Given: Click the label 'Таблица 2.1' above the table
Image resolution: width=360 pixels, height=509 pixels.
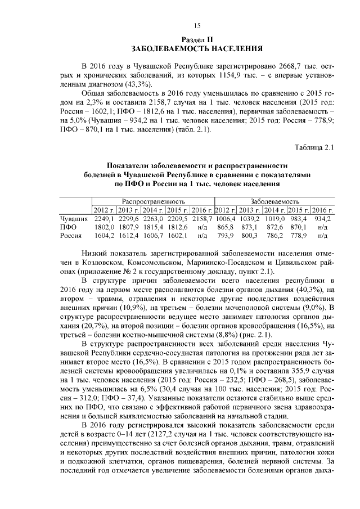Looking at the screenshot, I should [x=314, y=147].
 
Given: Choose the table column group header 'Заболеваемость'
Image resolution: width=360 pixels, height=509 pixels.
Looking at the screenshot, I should [x=276, y=201].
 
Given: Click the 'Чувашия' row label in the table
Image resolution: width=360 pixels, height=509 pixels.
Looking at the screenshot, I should [x=74, y=218].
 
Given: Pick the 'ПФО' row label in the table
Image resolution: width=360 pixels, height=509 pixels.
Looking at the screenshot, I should [x=68, y=227].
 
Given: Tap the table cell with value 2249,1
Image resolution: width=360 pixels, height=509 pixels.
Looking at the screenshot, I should [x=104, y=218].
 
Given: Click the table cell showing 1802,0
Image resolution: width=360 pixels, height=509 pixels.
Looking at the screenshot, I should [x=104, y=227].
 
